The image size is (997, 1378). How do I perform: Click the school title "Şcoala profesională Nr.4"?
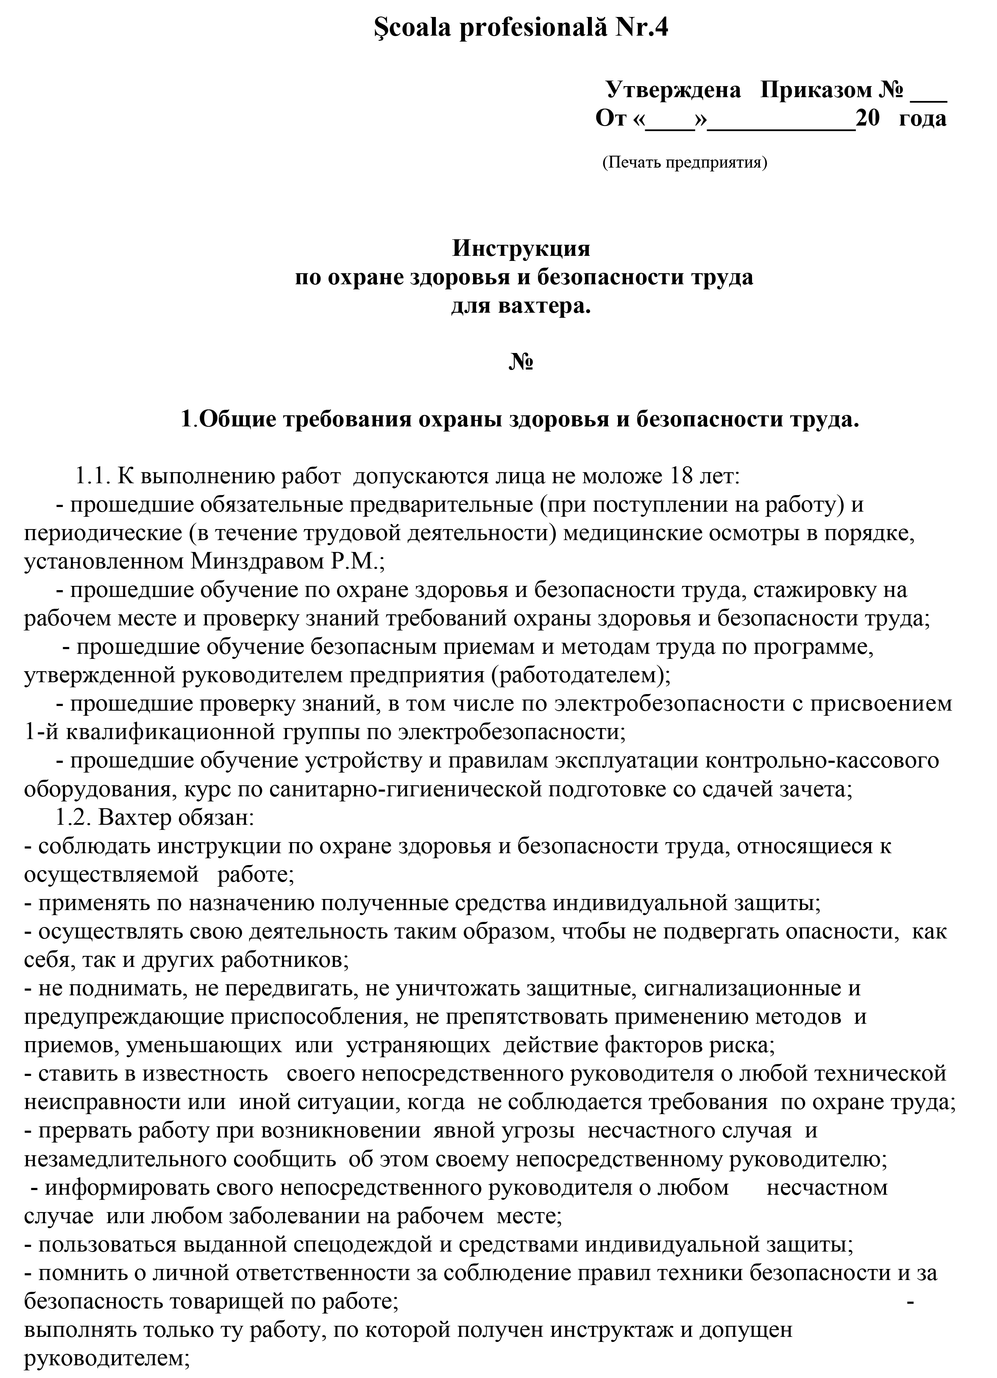[x=521, y=28]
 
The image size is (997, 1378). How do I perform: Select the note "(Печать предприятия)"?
[x=684, y=163]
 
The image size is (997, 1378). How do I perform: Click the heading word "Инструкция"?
[x=521, y=249]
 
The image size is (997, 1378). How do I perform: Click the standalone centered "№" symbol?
[x=521, y=362]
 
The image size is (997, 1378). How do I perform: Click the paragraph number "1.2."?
[x=73, y=818]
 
